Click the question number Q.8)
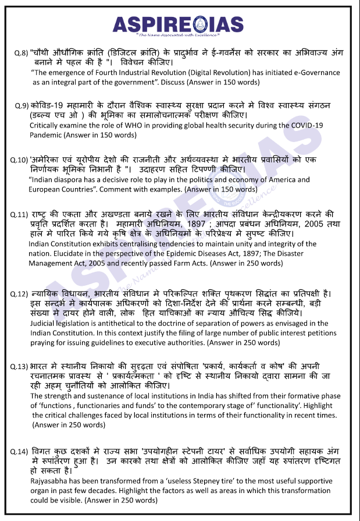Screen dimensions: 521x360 tap(21, 53)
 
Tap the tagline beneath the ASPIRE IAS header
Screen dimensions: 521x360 tap(180, 36)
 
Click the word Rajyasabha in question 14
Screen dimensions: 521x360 tap(50, 482)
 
